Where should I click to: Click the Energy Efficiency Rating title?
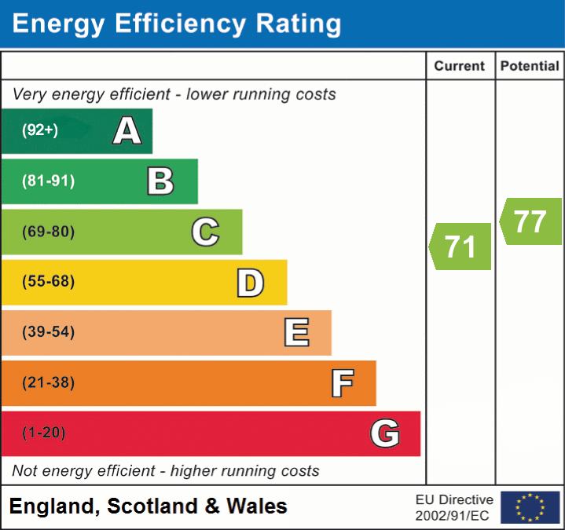pos(177,24)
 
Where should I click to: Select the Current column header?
pos(460,67)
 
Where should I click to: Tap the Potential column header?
pos(530,67)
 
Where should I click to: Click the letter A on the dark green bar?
pos(127,131)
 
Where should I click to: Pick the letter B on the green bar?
pos(160,181)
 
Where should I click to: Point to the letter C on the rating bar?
pos(205,232)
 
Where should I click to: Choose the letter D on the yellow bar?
pos(250,283)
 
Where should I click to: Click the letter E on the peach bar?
pos(296,333)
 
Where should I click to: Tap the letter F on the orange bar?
pos(342,384)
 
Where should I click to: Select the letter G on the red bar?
pos(385,433)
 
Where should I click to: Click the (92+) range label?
pos(40,130)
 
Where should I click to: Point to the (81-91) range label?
pos(49,181)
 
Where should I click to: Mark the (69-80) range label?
pos(49,232)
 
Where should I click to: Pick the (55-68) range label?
pos(49,282)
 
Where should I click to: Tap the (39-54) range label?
pos(49,332)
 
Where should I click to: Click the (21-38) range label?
pos(49,382)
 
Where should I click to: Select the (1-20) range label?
pos(44,433)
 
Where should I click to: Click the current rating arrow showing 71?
pos(460,247)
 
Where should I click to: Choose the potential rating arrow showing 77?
pos(530,221)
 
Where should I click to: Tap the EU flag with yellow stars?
pos(530,507)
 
